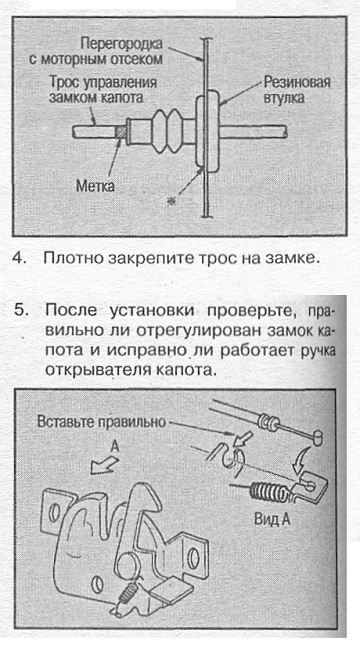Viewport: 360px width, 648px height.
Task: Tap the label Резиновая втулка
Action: click(297, 89)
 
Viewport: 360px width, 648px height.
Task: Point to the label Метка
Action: click(95, 186)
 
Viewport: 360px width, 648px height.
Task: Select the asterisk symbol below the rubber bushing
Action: click(169, 202)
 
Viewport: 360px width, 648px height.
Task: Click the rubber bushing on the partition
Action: click(208, 132)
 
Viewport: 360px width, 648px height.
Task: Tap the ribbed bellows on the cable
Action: click(167, 132)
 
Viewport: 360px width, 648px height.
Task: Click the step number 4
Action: click(18, 258)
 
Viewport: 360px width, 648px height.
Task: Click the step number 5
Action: click(19, 310)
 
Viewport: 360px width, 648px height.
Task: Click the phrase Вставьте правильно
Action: click(101, 422)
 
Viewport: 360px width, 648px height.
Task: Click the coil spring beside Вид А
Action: click(269, 492)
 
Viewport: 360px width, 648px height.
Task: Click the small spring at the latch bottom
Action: click(126, 595)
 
